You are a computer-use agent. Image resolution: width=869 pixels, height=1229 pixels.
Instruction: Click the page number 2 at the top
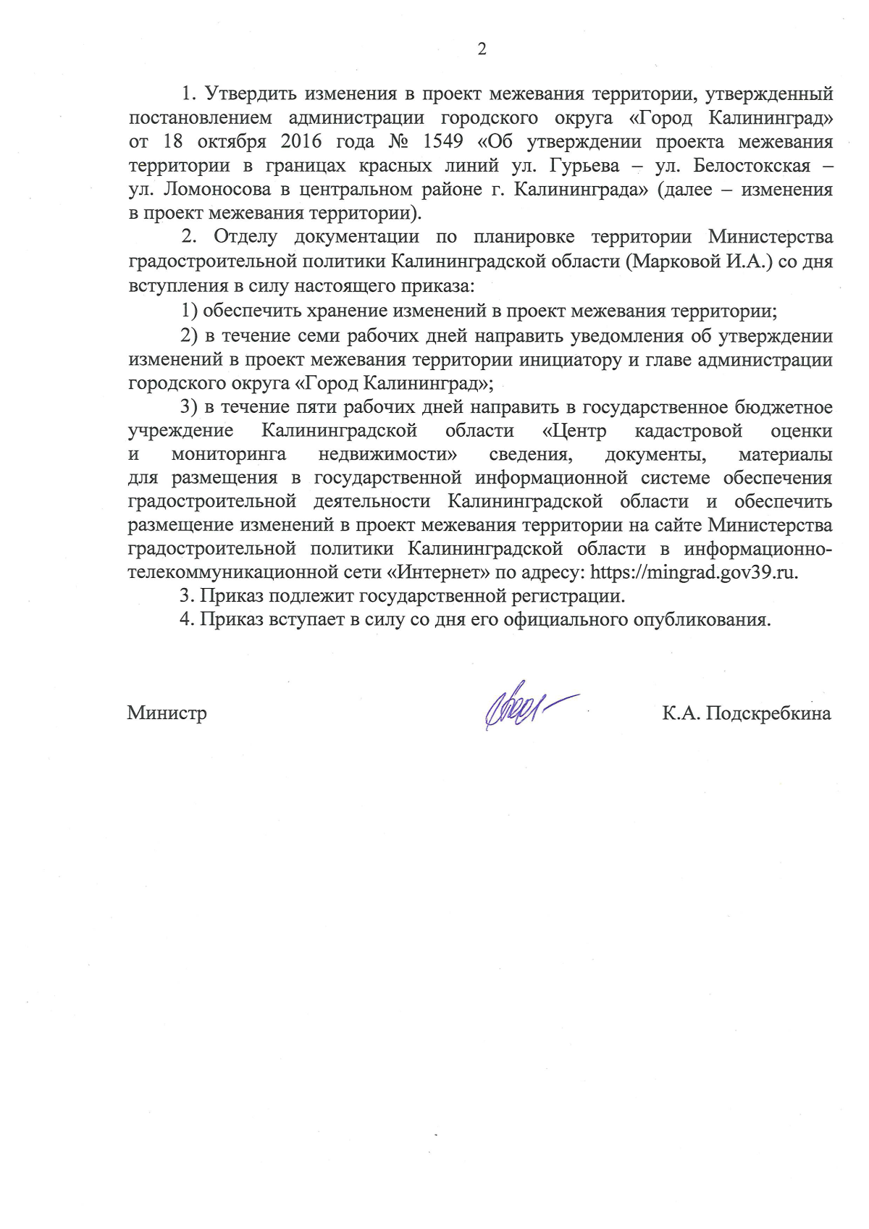[482, 49]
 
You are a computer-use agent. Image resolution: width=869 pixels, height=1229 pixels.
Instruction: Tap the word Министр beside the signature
[167, 713]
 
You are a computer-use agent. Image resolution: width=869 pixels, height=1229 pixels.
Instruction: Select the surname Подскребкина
[768, 713]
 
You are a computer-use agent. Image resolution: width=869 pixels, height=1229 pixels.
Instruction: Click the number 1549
[442, 141]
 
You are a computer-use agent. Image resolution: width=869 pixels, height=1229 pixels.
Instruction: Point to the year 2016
[301, 141]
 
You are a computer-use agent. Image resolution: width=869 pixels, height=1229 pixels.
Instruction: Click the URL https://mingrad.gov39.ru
[694, 572]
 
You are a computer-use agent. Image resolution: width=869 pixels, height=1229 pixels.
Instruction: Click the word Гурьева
[584, 166]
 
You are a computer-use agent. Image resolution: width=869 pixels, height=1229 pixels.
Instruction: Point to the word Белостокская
[752, 166]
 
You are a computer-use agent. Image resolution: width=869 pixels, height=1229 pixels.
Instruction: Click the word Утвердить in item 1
[249, 94]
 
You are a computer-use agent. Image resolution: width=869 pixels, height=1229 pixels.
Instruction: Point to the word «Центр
[574, 432]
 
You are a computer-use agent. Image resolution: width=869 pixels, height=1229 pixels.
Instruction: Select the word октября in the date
[232, 142]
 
